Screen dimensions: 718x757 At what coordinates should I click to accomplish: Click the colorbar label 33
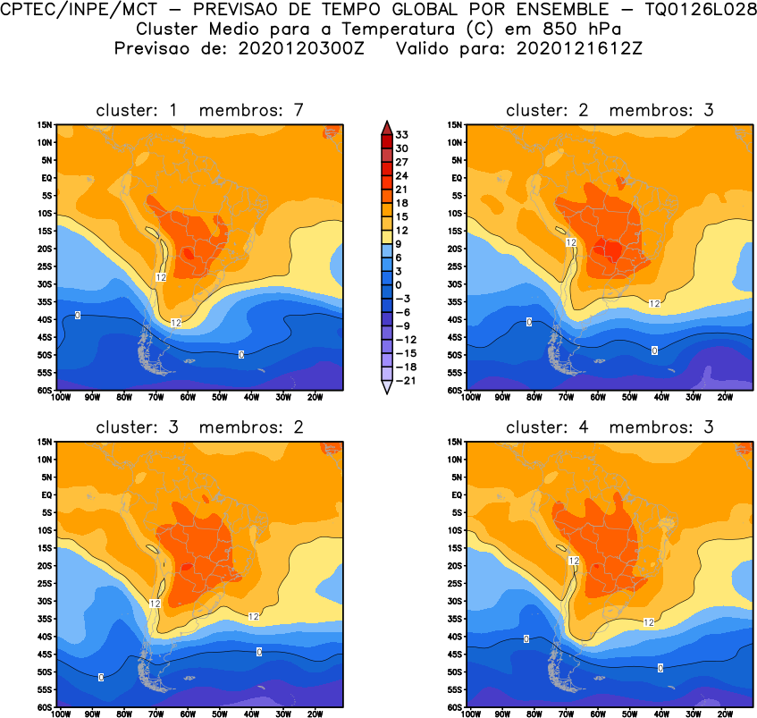point(402,134)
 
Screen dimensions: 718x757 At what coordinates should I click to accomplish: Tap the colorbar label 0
point(400,284)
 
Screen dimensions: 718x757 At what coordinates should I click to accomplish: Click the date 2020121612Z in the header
point(579,47)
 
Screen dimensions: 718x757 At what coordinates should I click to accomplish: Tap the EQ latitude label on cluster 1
point(46,178)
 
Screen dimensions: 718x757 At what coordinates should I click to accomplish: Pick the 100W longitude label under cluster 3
point(61,714)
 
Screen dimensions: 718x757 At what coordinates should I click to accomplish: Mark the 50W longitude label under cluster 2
point(629,398)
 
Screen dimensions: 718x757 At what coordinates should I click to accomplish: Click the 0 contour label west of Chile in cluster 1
point(78,316)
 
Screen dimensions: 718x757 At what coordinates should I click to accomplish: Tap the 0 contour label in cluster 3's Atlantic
point(259,651)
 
